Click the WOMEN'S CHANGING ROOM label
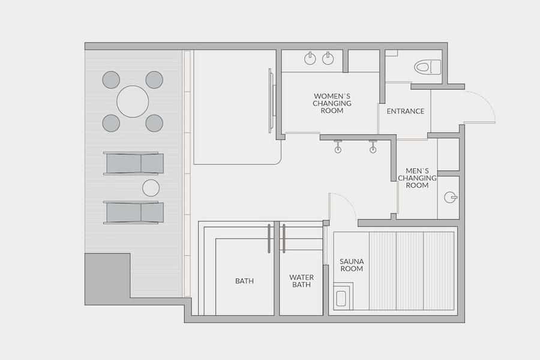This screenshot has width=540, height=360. click(x=332, y=103)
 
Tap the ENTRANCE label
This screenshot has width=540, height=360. click(x=406, y=111)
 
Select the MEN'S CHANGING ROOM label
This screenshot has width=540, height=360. click(x=417, y=178)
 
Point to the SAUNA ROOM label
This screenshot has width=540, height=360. click(x=352, y=265)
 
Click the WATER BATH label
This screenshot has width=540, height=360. click(x=301, y=281)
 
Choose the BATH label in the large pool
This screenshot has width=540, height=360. click(x=245, y=281)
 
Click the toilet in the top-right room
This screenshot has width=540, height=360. click(x=427, y=67)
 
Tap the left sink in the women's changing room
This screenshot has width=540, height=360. click(x=310, y=58)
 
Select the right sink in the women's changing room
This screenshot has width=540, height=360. click(x=328, y=58)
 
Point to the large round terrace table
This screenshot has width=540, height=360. click(x=133, y=101)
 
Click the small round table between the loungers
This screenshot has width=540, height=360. click(x=151, y=188)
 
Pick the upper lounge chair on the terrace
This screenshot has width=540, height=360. click(x=134, y=163)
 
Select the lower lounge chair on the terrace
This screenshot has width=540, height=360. click(x=134, y=212)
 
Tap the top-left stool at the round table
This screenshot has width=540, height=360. click(x=111, y=80)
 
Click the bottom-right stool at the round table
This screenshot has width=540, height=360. click(x=154, y=123)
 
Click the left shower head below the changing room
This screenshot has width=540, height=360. click(x=338, y=146)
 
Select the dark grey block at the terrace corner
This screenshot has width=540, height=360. click(x=107, y=279)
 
